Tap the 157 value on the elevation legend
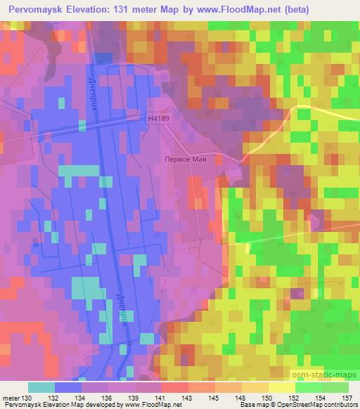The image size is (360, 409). [346, 398]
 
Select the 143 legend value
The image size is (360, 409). [188, 398]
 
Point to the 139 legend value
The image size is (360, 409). [134, 398]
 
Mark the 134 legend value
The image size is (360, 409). [82, 398]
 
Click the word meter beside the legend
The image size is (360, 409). [12, 398]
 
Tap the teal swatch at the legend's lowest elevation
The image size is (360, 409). [41, 387]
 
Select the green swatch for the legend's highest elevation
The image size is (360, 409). [335, 387]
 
